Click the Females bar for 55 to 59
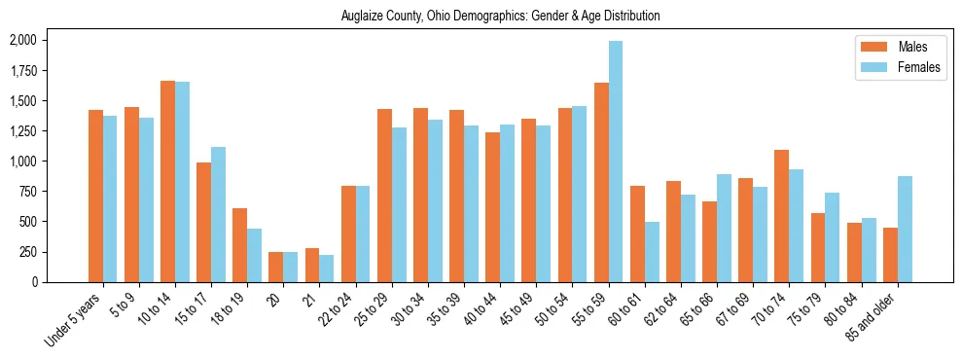click(x=616, y=162)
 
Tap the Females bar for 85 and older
click(x=905, y=229)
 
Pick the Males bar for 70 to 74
click(x=782, y=216)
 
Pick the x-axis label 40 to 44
click(x=479, y=307)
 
